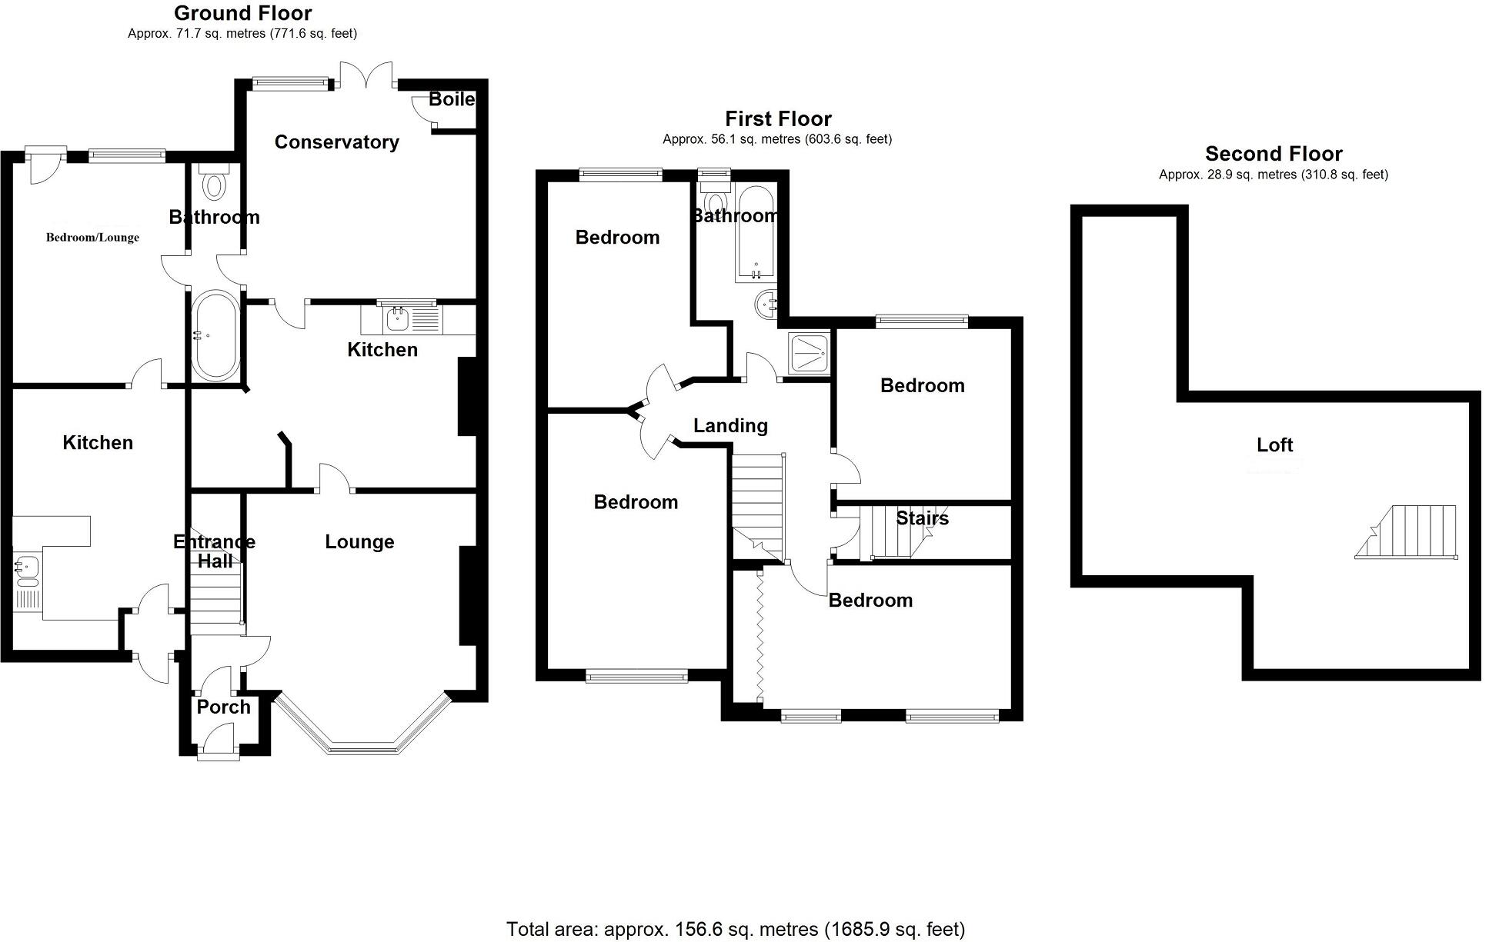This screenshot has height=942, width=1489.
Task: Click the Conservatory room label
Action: point(336,142)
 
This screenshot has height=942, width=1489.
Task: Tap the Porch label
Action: point(223,707)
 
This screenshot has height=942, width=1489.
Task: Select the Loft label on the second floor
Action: point(1274,444)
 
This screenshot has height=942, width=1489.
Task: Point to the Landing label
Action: point(730,426)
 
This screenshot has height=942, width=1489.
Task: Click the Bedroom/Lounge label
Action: point(92,238)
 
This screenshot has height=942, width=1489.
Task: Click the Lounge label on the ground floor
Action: point(359,542)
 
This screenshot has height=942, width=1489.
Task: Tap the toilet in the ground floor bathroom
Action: point(213,182)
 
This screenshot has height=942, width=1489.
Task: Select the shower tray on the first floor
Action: point(809,354)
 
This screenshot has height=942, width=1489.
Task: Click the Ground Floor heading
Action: point(242,13)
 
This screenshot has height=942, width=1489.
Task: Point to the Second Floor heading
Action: point(1274,154)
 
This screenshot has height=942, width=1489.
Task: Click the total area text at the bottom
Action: point(735,929)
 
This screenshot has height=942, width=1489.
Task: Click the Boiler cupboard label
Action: point(452,99)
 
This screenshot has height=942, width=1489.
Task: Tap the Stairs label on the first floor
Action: point(922,519)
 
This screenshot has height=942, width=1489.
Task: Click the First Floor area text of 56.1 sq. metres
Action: point(777,139)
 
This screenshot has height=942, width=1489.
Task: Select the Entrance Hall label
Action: point(214,551)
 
